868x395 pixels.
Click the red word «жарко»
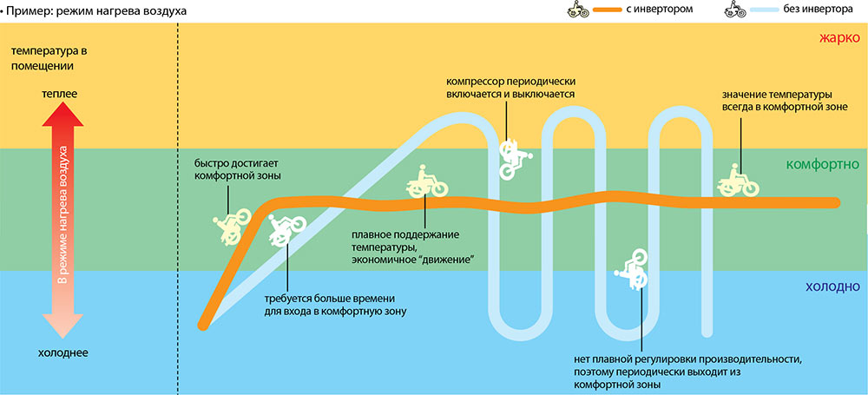pyautogui.click(x=839, y=38)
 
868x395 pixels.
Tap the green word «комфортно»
pyautogui.click(x=822, y=165)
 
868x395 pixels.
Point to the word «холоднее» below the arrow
pyautogui.click(x=63, y=352)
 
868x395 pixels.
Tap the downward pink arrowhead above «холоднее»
pyautogui.click(x=63, y=326)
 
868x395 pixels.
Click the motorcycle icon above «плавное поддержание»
pyautogui.click(x=426, y=181)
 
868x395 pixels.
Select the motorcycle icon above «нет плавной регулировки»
pyautogui.click(x=632, y=269)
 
